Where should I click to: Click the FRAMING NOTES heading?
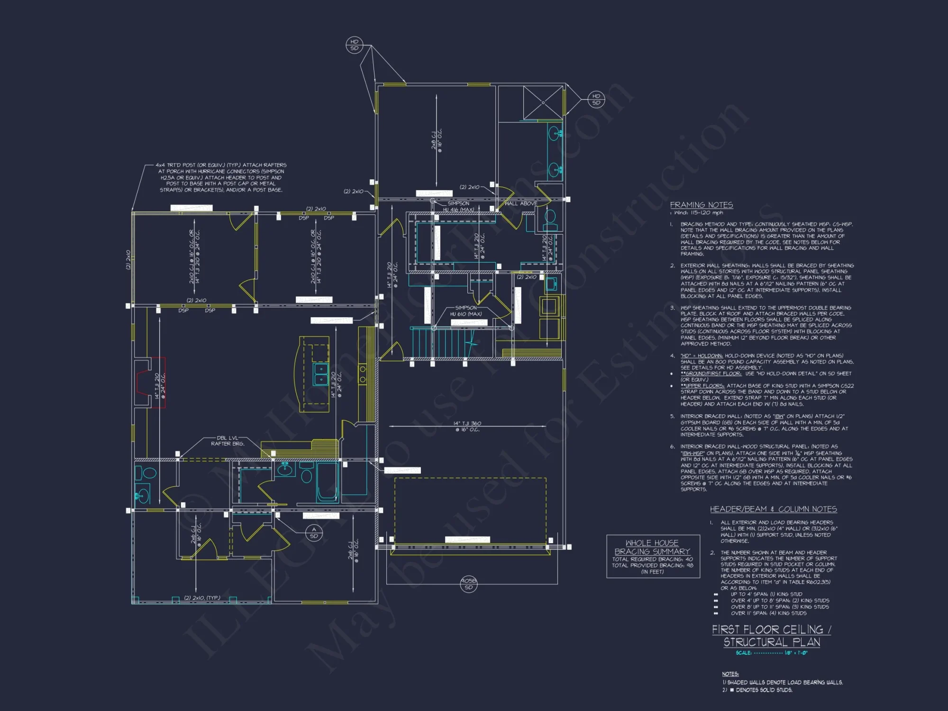(701, 205)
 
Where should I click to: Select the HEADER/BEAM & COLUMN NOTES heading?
(773, 509)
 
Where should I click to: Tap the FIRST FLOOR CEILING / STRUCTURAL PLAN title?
(771, 636)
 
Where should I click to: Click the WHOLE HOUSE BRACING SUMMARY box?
(653, 556)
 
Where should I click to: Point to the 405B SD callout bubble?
(468, 584)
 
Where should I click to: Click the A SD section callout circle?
(314, 533)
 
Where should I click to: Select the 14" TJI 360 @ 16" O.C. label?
(467, 426)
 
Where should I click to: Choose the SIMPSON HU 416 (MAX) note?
(458, 206)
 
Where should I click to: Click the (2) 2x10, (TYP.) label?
(202, 598)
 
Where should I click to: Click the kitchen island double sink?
(321, 374)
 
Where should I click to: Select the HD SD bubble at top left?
(354, 45)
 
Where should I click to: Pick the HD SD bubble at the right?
(596, 100)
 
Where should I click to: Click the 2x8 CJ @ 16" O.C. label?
(436, 140)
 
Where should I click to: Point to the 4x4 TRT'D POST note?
(221, 177)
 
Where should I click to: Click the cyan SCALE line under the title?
(771, 653)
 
